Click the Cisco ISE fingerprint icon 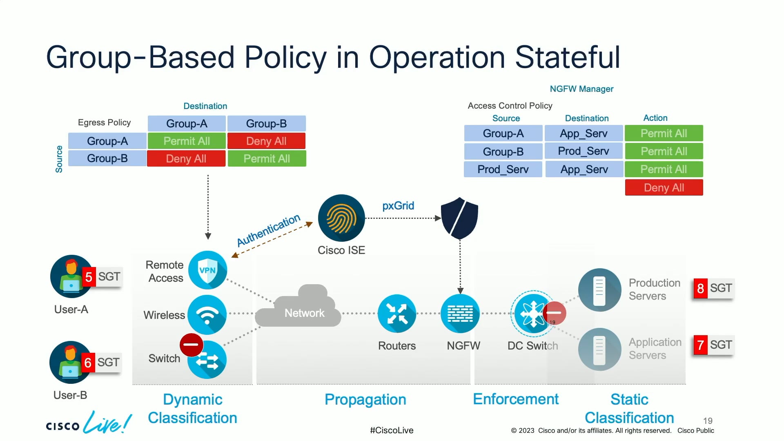coord(341,218)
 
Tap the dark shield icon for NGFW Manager coord(459,218)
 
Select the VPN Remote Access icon coord(207,270)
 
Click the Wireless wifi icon coord(207,314)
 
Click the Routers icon coord(396,314)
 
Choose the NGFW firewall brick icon coord(460,314)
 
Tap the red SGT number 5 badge coord(89,277)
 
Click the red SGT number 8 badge coord(700,288)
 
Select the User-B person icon coord(70,362)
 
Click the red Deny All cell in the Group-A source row coord(266,141)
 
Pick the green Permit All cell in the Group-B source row coord(266,159)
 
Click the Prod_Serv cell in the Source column coord(503,169)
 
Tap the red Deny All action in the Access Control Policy coord(664,188)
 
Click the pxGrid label coord(398,206)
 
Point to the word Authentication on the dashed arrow coord(268,230)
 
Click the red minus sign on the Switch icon coord(191,344)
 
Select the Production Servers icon coord(599,290)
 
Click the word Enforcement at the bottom coord(515,399)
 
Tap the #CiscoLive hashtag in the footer coord(391,430)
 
